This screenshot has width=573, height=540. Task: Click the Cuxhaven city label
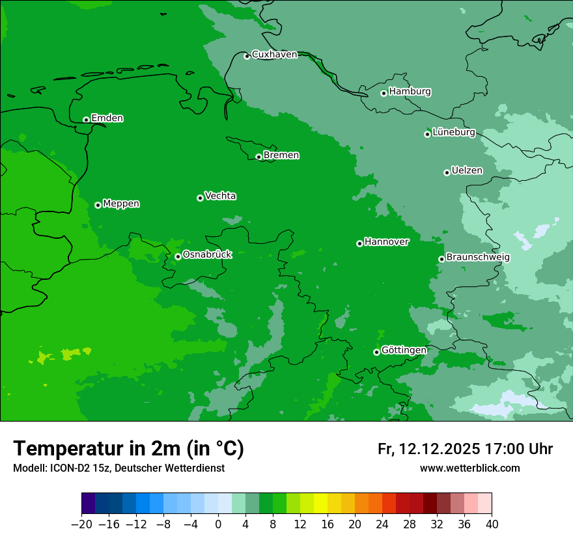tap(274, 55)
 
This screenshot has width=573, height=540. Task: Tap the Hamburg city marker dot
tap(384, 93)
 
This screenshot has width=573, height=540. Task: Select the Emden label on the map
tap(107, 118)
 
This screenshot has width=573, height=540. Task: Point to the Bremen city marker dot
tap(259, 157)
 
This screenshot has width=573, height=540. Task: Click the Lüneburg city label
tap(453, 133)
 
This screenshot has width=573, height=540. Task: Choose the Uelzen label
tap(467, 171)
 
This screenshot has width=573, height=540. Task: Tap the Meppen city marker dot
tap(98, 205)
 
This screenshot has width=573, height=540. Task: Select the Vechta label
tap(220, 196)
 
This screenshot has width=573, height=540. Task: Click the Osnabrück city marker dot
tap(178, 256)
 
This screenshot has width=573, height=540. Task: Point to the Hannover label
tap(386, 242)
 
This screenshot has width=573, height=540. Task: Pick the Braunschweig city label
tap(477, 258)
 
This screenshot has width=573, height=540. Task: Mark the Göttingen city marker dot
tap(376, 352)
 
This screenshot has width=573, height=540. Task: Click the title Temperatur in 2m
tap(128, 449)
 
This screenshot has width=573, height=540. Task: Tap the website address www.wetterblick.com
tap(469, 468)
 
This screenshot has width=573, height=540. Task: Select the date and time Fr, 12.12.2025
tap(465, 449)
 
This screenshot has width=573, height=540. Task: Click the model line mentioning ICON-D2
tap(119, 468)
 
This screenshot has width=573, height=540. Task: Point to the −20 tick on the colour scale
tap(81, 524)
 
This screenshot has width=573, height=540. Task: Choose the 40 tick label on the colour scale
tap(492, 524)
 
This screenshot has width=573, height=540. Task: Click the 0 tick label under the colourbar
tap(218, 524)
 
